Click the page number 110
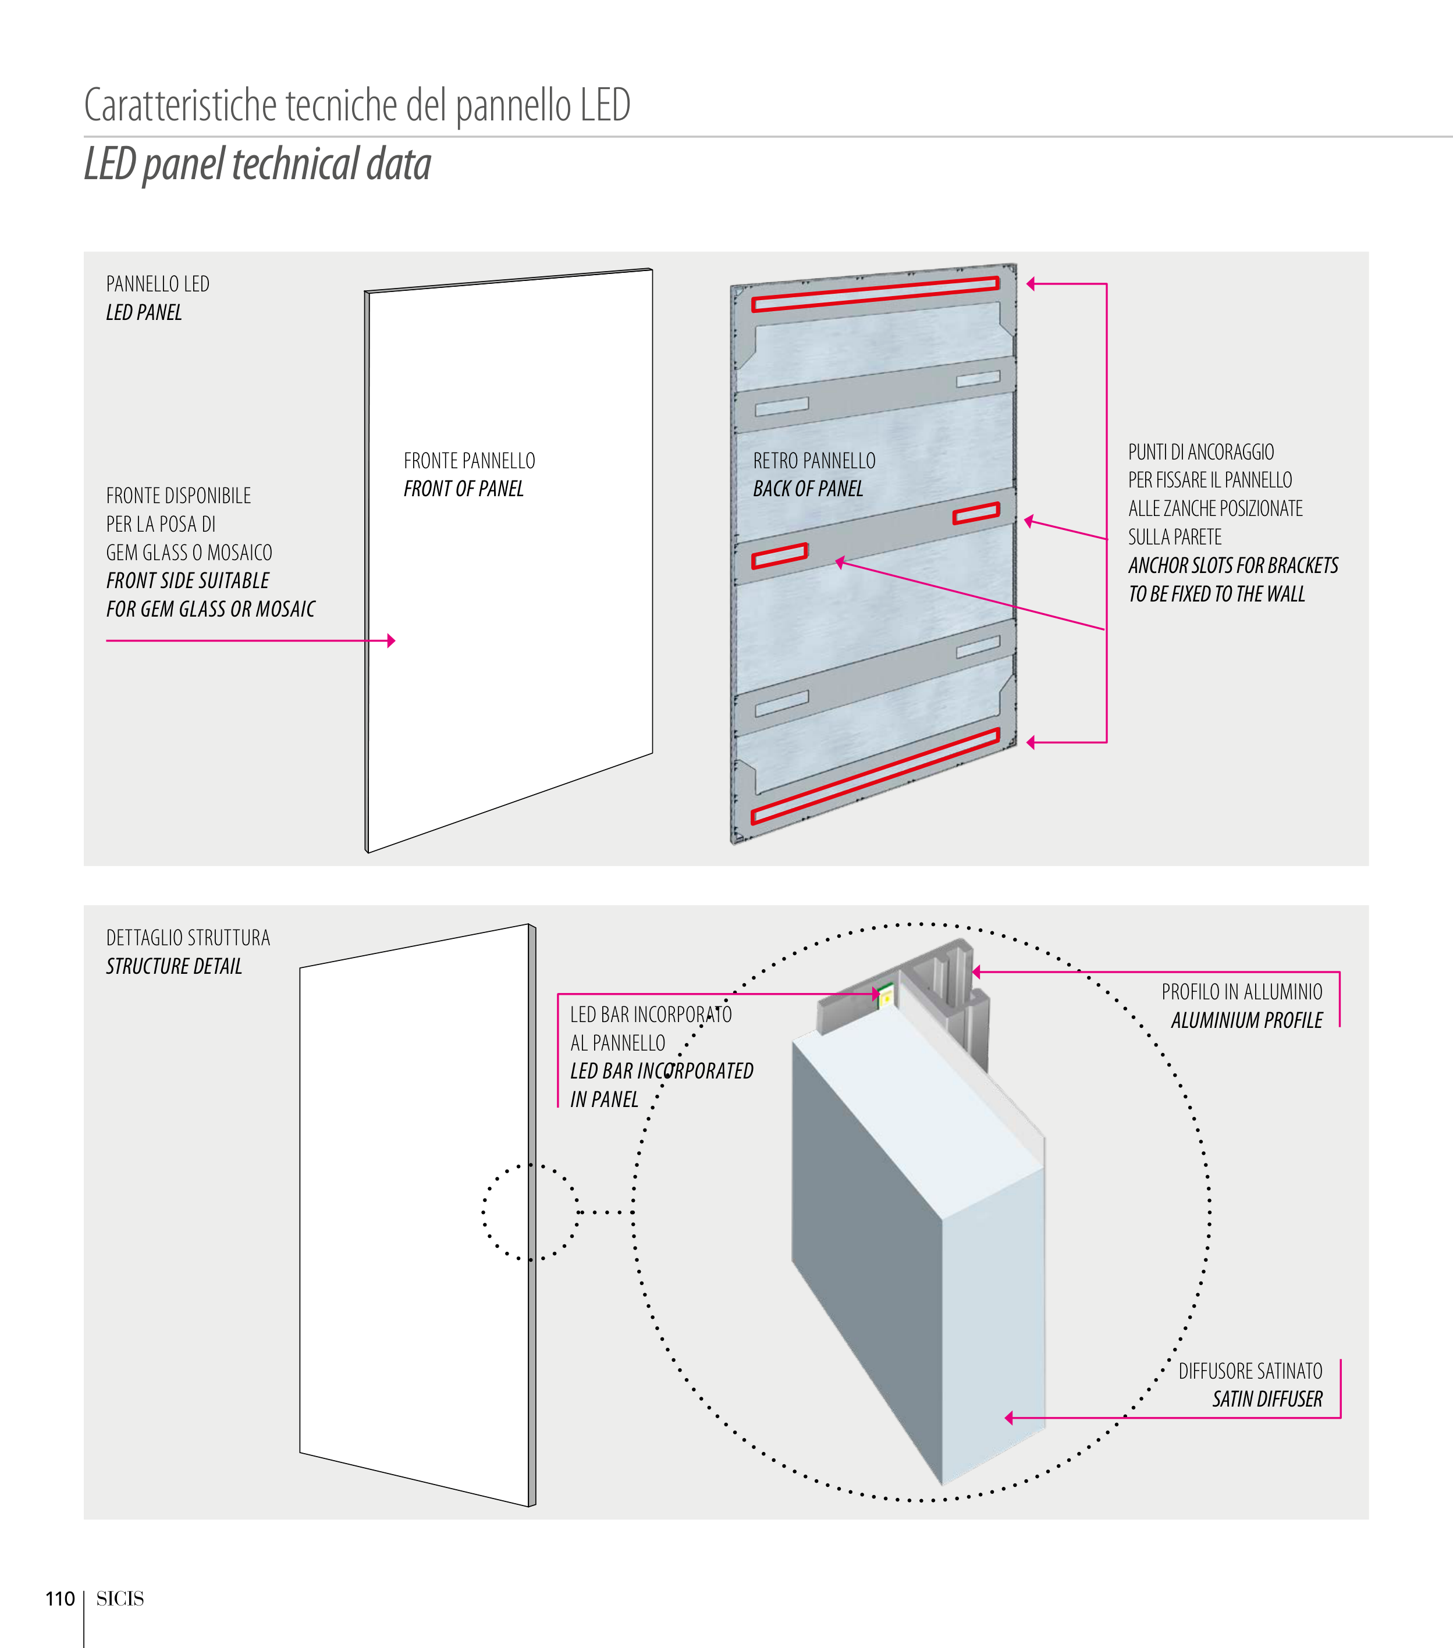(x=60, y=1598)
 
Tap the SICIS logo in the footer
(x=120, y=1598)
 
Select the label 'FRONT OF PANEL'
(x=464, y=489)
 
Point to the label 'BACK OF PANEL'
(x=808, y=489)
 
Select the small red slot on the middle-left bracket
(x=780, y=556)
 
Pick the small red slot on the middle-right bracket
(x=976, y=513)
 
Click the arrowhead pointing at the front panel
(x=391, y=641)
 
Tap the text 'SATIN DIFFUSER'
(x=1267, y=1399)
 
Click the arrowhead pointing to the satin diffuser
(x=1008, y=1418)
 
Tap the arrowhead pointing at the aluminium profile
(x=976, y=973)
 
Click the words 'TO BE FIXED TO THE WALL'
(x=1217, y=594)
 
